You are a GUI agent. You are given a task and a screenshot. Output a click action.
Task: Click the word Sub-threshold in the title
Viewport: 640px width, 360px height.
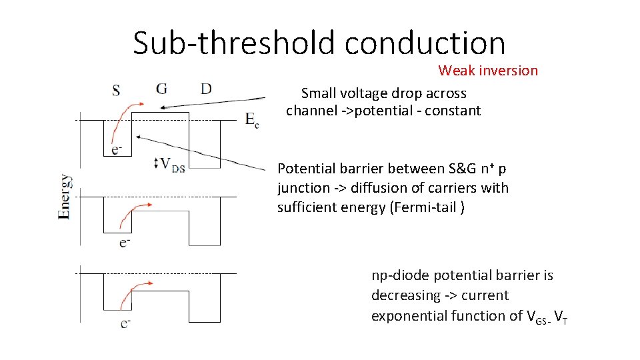pos(235,43)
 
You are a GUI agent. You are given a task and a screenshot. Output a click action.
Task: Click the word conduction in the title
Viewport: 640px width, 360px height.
pos(425,43)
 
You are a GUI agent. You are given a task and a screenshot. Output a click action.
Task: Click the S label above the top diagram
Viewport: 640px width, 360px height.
pos(117,89)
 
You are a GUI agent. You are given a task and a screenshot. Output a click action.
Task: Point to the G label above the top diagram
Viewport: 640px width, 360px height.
pos(162,89)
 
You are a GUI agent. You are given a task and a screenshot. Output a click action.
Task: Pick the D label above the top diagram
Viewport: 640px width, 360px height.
pos(206,89)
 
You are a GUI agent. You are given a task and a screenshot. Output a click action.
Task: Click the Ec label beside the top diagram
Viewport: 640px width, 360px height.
pos(252,120)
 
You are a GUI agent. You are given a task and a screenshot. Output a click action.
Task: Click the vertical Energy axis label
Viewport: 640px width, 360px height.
pos(65,197)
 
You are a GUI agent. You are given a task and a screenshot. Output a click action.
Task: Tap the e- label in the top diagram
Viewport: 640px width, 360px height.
pos(117,149)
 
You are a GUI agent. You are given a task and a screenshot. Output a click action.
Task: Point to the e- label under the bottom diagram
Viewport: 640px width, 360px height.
pos(125,323)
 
